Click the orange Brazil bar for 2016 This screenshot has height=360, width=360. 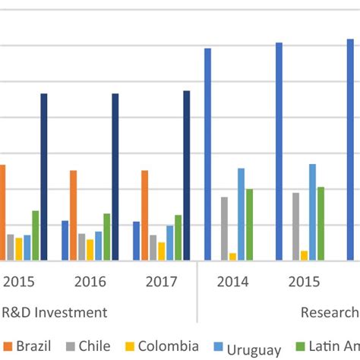pos(74,216)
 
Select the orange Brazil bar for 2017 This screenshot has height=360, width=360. pos(144,216)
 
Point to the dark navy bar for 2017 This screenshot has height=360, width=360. pos(187,175)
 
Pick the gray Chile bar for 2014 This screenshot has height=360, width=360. pos(224,229)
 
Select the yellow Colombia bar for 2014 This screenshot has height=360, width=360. pos(232,257)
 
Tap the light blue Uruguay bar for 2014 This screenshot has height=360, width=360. pos(242,214)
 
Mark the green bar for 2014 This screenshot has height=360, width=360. pos(250,225)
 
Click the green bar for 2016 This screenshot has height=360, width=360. pos(107,237)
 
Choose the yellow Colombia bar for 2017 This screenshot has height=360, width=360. pos(161,251)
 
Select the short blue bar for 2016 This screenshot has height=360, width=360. pos(65,241)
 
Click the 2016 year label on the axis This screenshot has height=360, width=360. pos(90,282)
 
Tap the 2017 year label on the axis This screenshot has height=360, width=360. pos(161,282)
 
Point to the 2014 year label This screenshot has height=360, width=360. pos(232,282)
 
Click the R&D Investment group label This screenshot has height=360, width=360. pos(54,312)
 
